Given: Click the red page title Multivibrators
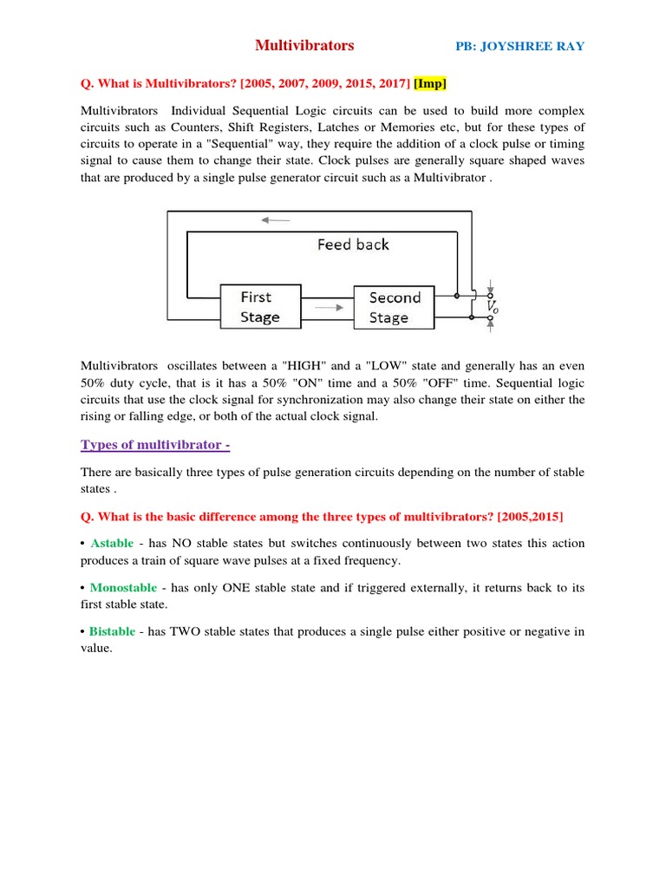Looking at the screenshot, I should [x=304, y=46].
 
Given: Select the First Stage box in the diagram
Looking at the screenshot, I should [x=260, y=307].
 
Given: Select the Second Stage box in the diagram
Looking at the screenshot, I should [x=394, y=307].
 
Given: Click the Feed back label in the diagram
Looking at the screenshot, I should [x=353, y=245].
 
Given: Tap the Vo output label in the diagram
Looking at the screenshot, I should [x=492, y=307].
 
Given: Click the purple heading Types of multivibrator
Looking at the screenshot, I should [x=155, y=445].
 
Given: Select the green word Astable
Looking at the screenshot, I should [x=112, y=543].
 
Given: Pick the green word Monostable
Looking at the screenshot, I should [x=123, y=587].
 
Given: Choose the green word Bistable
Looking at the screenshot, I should [x=112, y=631].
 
